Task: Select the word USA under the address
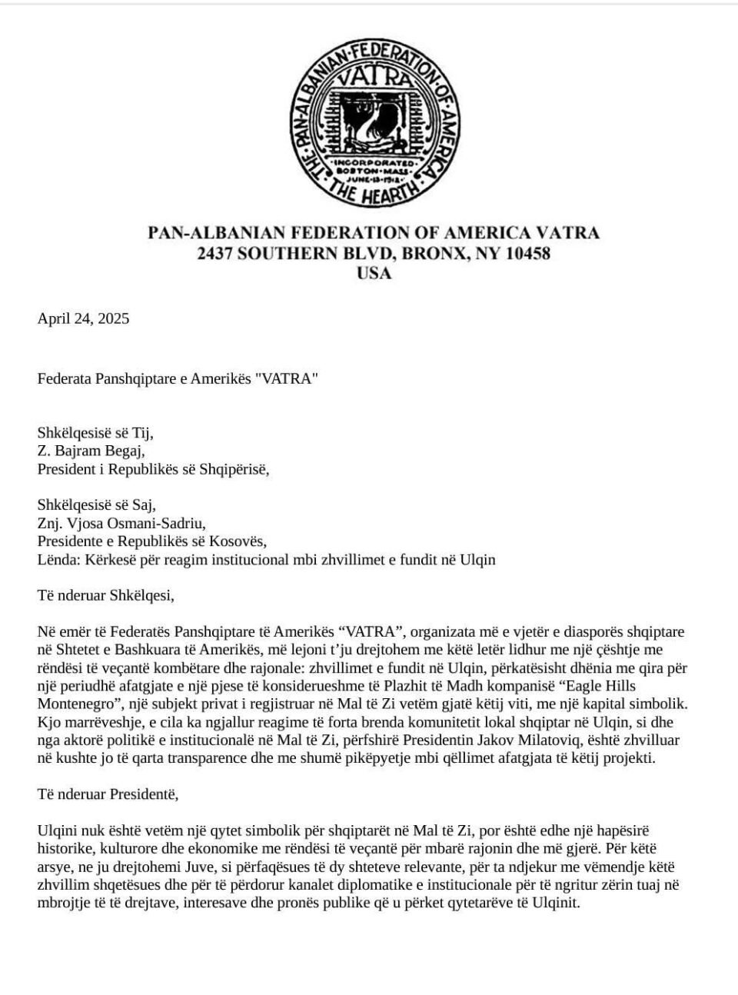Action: click(374, 273)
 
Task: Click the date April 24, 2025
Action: click(83, 318)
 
